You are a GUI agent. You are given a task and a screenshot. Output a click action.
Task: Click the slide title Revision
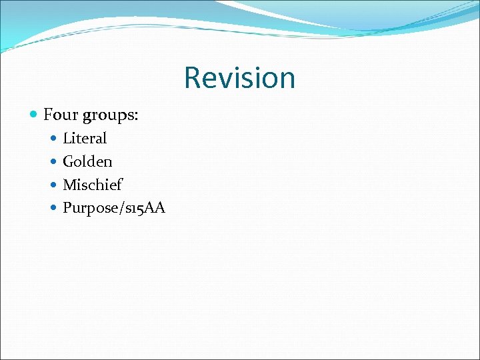239,77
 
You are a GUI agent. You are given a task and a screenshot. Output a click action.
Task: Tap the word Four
58,115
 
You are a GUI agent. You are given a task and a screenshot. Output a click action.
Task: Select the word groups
109,116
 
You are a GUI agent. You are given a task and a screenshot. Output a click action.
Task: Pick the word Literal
85,138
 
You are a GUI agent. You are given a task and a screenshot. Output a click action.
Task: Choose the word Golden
87,161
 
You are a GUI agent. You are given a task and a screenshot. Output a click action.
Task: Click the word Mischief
93,185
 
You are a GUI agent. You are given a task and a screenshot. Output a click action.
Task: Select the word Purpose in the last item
87,208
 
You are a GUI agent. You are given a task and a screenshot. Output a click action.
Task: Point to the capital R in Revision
192,77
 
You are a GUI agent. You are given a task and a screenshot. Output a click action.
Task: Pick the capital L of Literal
67,138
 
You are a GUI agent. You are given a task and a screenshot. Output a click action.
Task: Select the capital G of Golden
68,161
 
